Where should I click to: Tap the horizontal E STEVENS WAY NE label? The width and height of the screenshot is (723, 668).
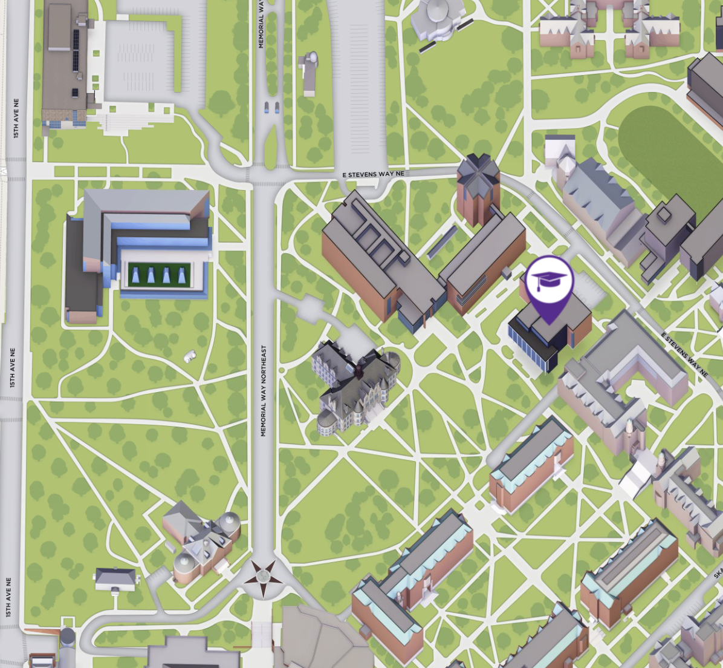pos(373,174)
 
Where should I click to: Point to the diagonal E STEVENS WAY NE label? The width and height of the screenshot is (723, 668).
pos(684,355)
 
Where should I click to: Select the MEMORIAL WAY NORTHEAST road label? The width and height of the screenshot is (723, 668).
pos(263,390)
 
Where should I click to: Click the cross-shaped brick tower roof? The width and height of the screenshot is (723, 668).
pos(478,173)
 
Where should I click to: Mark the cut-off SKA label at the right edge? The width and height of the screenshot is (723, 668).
pos(718,572)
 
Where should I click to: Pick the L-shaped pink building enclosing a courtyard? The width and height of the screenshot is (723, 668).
pos(623,375)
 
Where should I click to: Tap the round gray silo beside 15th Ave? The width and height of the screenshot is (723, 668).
pos(67,638)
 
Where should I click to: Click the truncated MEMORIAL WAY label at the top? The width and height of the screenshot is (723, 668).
pos(261,24)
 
